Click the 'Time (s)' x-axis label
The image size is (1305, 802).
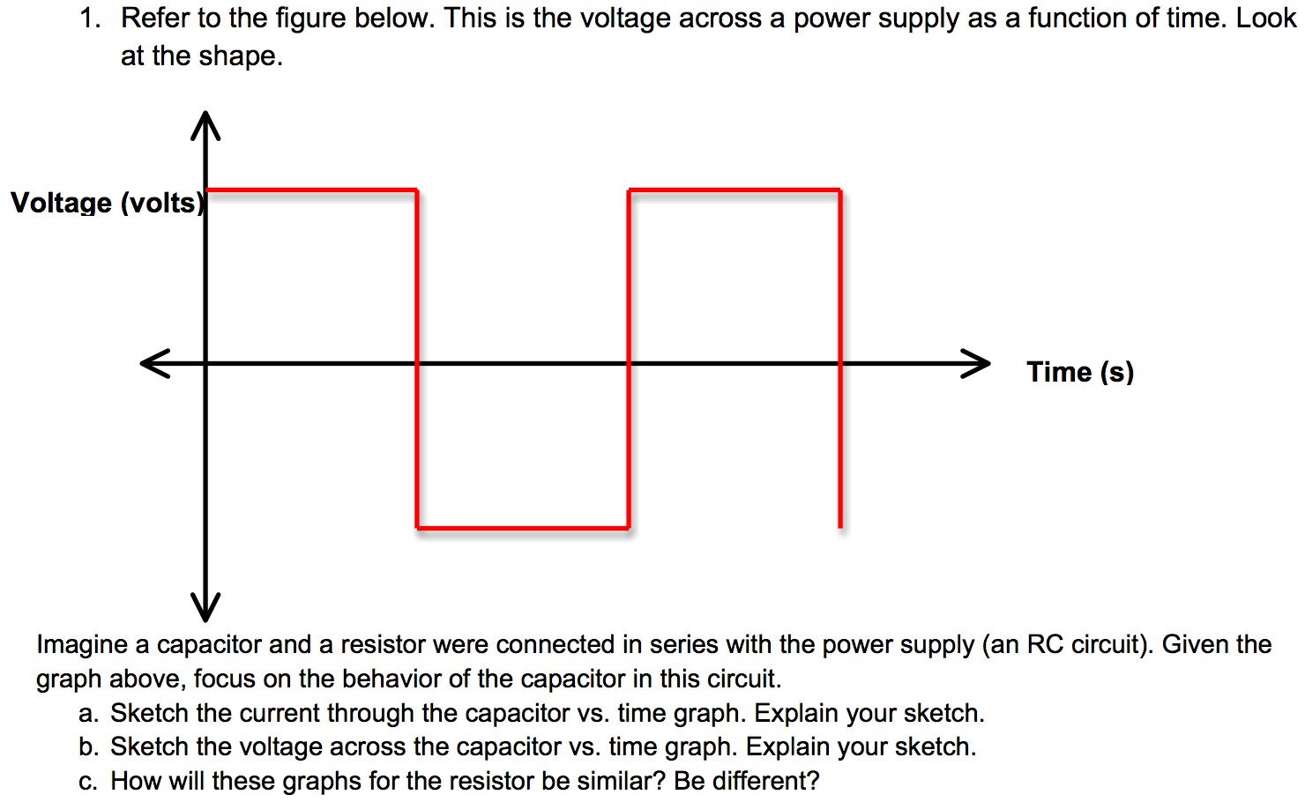pyautogui.click(x=1079, y=372)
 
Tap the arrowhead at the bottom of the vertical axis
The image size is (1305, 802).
pyautogui.click(x=205, y=608)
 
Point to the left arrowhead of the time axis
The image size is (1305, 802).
pyautogui.click(x=154, y=363)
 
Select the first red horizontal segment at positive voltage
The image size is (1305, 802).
pyautogui.click(x=310, y=189)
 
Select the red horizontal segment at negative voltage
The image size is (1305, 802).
pyautogui.click(x=522, y=528)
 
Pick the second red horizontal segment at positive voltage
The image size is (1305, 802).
pyautogui.click(x=734, y=189)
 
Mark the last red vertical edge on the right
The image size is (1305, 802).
pyautogui.click(x=840, y=441)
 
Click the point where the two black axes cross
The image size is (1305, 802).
pyautogui.click(x=205, y=363)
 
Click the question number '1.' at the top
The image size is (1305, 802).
pyautogui.click(x=90, y=19)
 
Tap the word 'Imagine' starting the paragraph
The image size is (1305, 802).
pyautogui.click(x=82, y=645)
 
